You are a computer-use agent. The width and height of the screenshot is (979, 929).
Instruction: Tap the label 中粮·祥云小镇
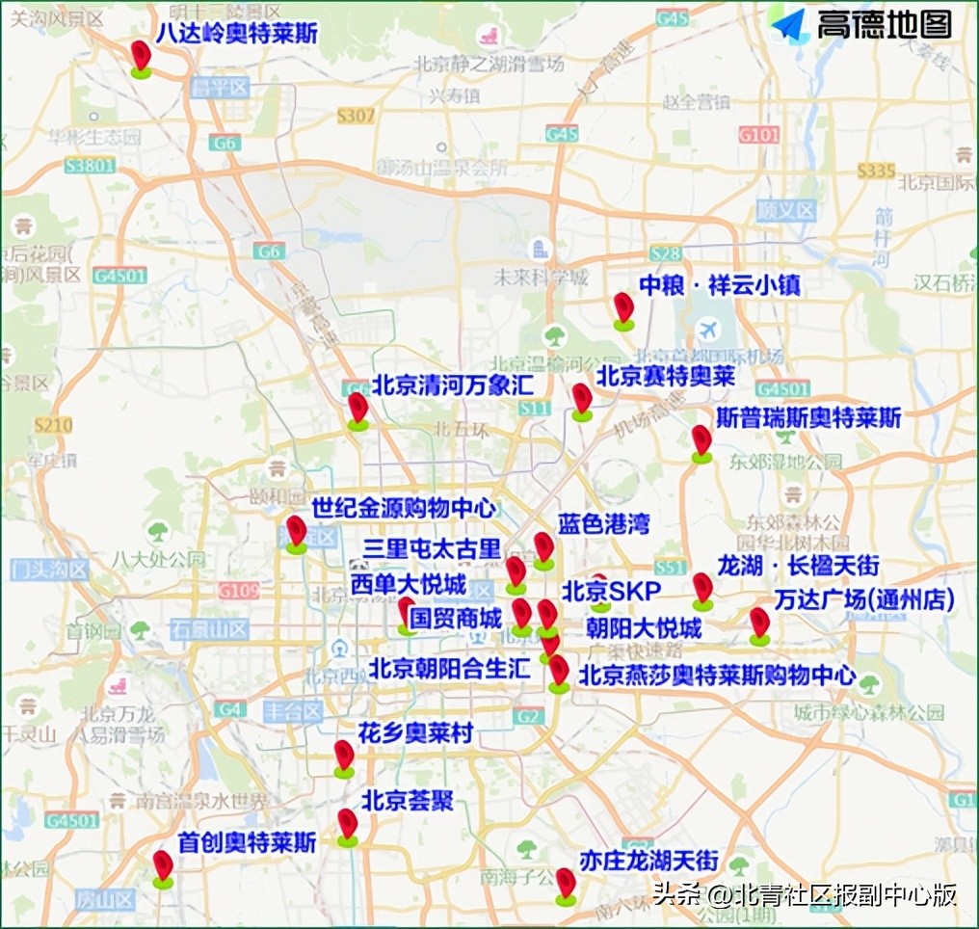719,285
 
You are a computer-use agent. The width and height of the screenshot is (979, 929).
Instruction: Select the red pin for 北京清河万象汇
357,408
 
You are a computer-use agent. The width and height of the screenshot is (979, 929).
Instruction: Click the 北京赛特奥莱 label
665,376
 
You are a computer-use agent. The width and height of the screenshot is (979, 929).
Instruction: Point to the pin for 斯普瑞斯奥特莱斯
701,440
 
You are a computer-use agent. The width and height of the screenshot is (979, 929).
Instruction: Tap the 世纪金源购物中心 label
403,507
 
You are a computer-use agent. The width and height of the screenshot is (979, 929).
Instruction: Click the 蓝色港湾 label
604,524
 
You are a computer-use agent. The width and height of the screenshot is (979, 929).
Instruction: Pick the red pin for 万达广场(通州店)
759,623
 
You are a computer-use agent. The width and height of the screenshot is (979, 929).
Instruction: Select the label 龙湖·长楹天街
798,566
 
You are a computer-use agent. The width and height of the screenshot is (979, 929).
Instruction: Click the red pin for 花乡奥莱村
344,756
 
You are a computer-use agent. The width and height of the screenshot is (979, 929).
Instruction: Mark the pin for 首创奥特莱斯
163,865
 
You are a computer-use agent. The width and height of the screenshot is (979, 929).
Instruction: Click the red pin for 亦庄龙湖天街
566,884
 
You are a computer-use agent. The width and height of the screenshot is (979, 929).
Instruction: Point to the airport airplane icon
710,329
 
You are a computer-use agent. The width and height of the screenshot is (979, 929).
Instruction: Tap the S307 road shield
356,116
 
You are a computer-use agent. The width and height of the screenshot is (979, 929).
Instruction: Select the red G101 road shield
758,135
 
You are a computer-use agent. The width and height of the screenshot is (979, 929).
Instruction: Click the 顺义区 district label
785,209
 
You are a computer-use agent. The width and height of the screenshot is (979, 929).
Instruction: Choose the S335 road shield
876,171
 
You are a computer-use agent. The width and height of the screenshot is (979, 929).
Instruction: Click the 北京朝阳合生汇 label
450,668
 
